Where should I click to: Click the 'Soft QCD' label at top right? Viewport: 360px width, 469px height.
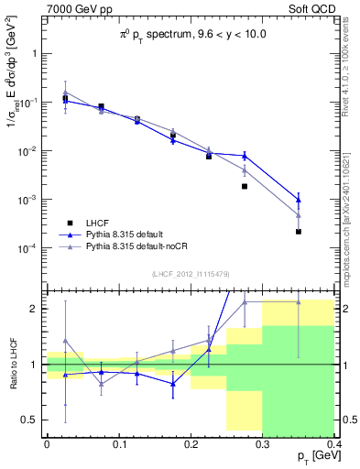[313, 9]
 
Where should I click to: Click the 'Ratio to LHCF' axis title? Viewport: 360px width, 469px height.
[12, 364]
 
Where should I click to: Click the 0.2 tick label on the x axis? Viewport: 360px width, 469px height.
[191, 444]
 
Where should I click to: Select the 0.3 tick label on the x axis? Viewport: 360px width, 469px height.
[262, 444]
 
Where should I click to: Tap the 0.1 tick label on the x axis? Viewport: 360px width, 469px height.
[118, 444]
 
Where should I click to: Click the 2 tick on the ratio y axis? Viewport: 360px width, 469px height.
[34, 309]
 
